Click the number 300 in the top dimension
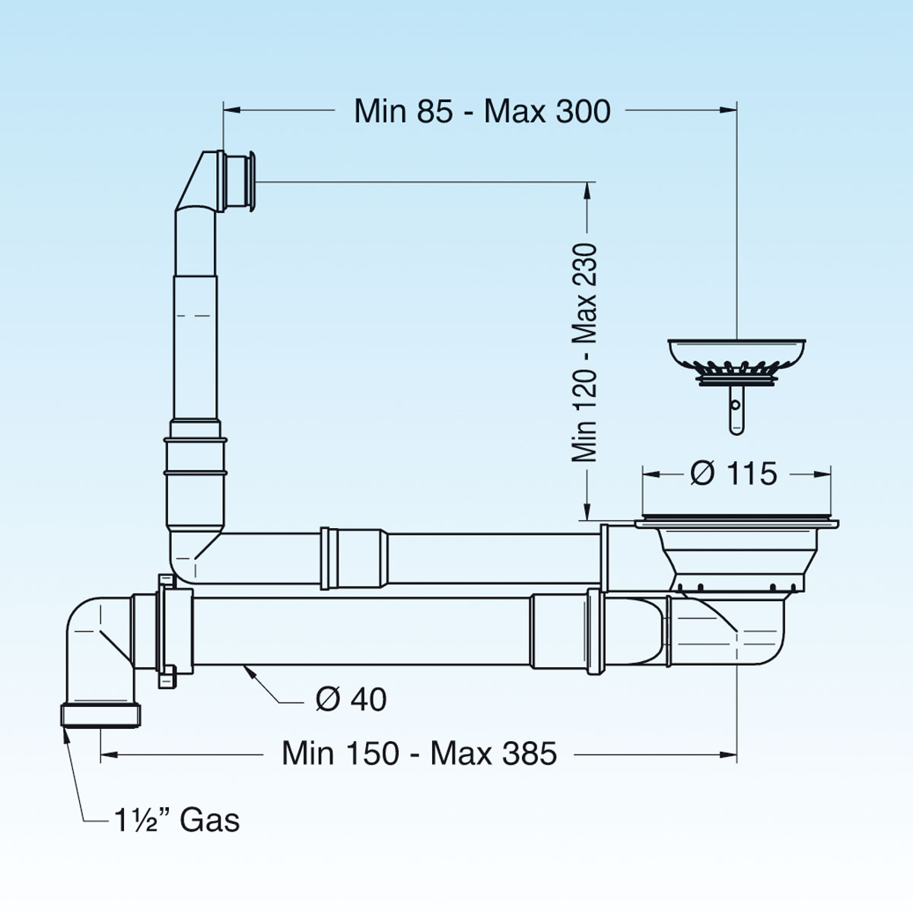point(583,112)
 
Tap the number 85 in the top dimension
point(434,112)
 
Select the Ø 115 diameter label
point(733,473)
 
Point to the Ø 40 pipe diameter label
point(351,699)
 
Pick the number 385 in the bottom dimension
point(530,753)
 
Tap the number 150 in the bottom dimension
point(372,753)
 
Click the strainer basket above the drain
point(736,361)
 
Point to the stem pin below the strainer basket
point(736,410)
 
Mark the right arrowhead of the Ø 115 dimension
point(822,474)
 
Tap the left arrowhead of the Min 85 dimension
point(233,110)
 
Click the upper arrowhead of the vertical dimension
point(587,192)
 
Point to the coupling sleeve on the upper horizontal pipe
point(355,558)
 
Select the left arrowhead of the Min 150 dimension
point(110,754)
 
